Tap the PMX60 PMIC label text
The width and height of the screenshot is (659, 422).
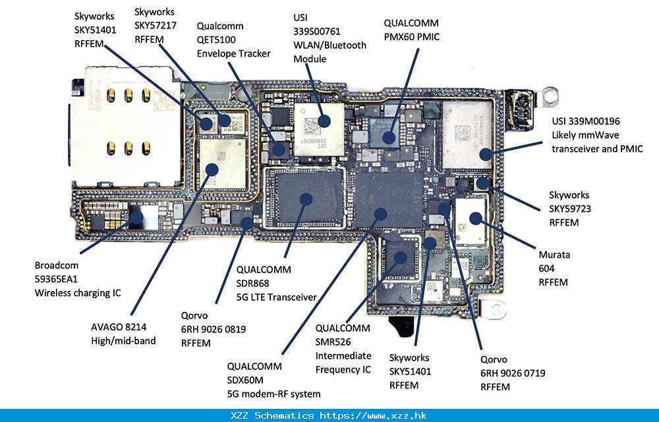click(411, 37)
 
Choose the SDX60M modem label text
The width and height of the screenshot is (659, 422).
click(245, 380)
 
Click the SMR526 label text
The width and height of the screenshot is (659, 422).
click(333, 342)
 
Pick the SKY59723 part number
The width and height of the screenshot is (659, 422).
click(570, 209)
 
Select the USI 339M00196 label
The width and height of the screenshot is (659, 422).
click(586, 121)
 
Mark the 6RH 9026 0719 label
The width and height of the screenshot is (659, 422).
click(513, 373)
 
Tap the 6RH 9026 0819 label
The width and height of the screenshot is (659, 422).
click(214, 329)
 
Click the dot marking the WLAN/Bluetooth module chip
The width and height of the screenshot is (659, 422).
click(324, 121)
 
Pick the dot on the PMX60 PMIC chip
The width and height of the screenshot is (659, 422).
click(388, 138)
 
